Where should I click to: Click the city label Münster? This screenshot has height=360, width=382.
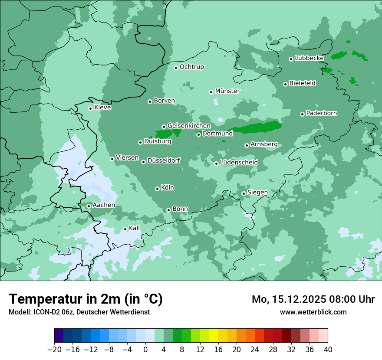[x=227, y=91]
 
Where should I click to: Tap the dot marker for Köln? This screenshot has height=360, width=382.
[x=157, y=189]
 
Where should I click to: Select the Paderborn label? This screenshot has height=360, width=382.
[x=322, y=114]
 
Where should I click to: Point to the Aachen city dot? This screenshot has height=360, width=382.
[x=89, y=206]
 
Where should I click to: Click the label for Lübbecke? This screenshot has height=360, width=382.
[x=310, y=58]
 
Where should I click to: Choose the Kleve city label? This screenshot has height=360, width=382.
[x=103, y=108]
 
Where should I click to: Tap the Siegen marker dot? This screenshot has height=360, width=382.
[x=244, y=193]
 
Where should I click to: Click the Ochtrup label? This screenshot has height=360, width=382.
[x=192, y=67]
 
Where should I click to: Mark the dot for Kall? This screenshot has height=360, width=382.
[x=125, y=229]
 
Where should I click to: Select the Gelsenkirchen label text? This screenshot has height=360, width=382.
[x=189, y=126]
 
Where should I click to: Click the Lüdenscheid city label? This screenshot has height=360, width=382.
[x=239, y=163]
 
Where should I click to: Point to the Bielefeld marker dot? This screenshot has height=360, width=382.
[x=285, y=84]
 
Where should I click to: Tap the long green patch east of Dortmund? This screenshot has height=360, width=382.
[x=260, y=128]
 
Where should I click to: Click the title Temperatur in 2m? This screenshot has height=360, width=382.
[x=86, y=299]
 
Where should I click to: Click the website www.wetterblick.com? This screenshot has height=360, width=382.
[x=313, y=312]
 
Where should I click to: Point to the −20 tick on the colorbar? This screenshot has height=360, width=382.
[x=55, y=350]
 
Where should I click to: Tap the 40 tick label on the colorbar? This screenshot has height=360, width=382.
[x=328, y=350]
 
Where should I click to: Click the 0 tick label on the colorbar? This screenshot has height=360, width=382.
[x=145, y=350]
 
